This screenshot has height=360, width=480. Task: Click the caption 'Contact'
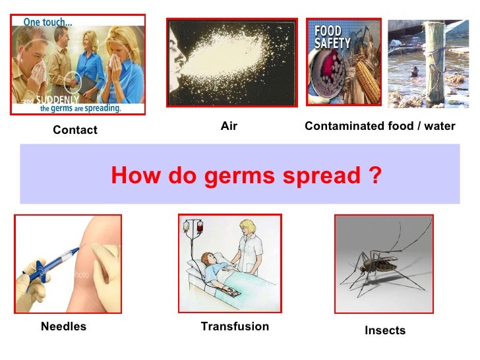75,130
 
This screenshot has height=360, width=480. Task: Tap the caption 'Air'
229,125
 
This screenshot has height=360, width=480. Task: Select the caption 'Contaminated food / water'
380,125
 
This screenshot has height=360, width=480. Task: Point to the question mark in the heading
375,175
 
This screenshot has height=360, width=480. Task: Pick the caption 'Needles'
63,326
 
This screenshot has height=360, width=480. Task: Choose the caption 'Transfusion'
235,326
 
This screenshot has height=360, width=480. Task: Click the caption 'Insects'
385,330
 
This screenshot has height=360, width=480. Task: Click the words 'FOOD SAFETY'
328,37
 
